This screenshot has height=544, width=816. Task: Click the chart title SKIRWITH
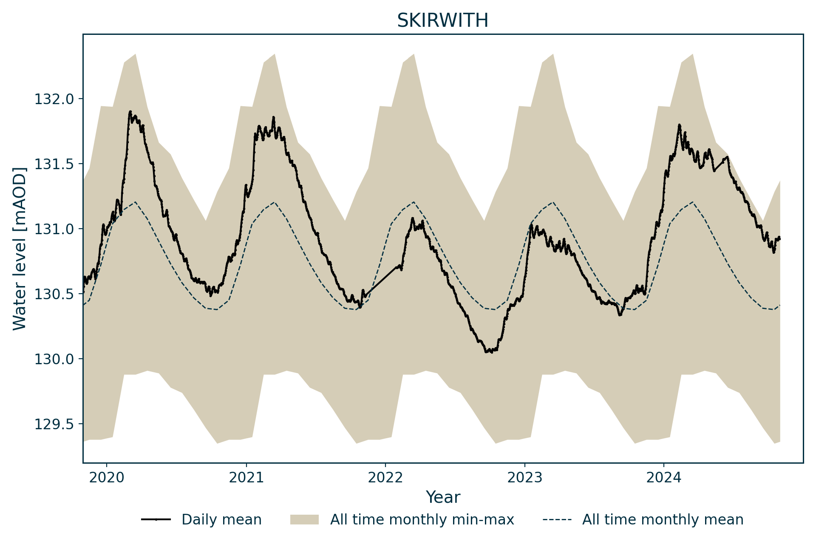[442, 20]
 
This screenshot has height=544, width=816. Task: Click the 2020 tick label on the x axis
[107, 478]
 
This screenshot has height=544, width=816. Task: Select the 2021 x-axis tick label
[246, 478]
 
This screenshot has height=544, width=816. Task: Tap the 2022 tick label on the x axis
[385, 478]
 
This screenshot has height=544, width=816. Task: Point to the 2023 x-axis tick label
[524, 478]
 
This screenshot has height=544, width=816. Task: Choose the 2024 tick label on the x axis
[663, 478]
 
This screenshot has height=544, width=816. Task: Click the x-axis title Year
[443, 497]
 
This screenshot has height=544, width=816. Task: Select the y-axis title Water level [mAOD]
[20, 248]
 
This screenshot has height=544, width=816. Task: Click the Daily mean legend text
[221, 520]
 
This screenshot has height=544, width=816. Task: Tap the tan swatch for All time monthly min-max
[304, 520]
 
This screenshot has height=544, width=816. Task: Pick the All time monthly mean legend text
[663, 520]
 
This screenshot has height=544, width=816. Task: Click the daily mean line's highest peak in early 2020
[130, 112]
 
